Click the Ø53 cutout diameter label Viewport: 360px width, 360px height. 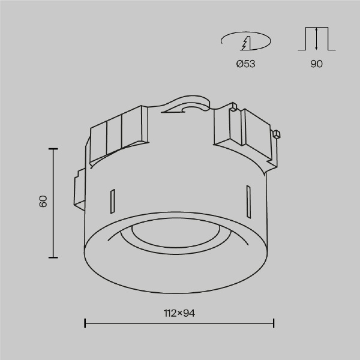[x=245, y=64]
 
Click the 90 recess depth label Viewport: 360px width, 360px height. [x=317, y=64]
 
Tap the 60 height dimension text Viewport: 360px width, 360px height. [x=43, y=202]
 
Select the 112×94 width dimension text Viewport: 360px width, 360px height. [x=179, y=313]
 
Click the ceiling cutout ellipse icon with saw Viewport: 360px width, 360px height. [x=246, y=41]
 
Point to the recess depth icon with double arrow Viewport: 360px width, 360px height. [x=317, y=38]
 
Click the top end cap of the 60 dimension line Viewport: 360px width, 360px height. [x=53, y=149]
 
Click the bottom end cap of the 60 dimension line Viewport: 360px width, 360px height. [x=53, y=257]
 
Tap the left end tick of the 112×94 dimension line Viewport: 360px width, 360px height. [x=85, y=323]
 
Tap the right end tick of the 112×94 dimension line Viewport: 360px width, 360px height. [x=274, y=323]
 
